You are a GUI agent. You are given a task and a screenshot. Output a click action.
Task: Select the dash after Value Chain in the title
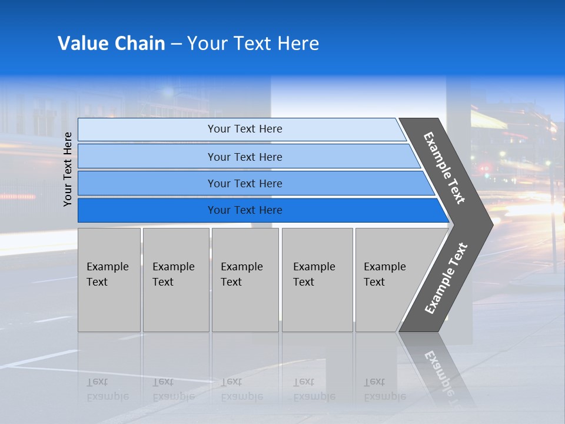point(176,44)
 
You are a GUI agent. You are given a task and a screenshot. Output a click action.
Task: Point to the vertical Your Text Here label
point(68,169)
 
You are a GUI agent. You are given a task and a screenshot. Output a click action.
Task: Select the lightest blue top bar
point(244,129)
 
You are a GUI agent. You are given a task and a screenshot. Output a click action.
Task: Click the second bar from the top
point(244,157)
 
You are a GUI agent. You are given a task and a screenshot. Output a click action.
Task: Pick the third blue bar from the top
point(244,183)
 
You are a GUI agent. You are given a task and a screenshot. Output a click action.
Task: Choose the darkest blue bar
point(244,210)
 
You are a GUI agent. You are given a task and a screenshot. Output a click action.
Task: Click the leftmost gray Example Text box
point(109,280)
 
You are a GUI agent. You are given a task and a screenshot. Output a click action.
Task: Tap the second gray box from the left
point(175,280)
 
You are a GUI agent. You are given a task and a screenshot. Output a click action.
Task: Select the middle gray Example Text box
point(245,280)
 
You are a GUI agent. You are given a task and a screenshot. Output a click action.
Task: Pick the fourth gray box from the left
point(317,280)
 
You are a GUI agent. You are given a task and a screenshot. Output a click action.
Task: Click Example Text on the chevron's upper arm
point(444,168)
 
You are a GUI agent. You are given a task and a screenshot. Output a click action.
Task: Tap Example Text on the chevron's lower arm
point(446,278)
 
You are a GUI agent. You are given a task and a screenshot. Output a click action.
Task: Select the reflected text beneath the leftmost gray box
point(107,389)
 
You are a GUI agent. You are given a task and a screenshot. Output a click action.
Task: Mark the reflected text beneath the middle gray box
point(241,389)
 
